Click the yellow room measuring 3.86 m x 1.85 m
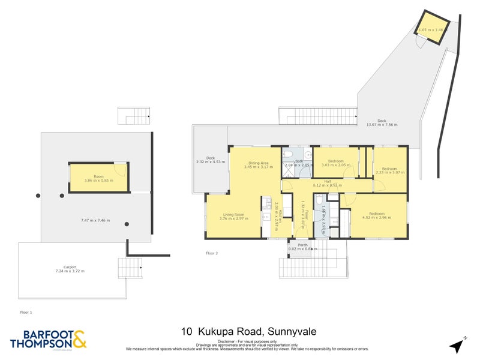coord(98,178)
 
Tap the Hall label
coord(328,181)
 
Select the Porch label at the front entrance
coord(302,245)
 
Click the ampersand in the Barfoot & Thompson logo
coord(80,338)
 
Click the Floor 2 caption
coord(211,253)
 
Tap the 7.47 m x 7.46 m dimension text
coord(96,220)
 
